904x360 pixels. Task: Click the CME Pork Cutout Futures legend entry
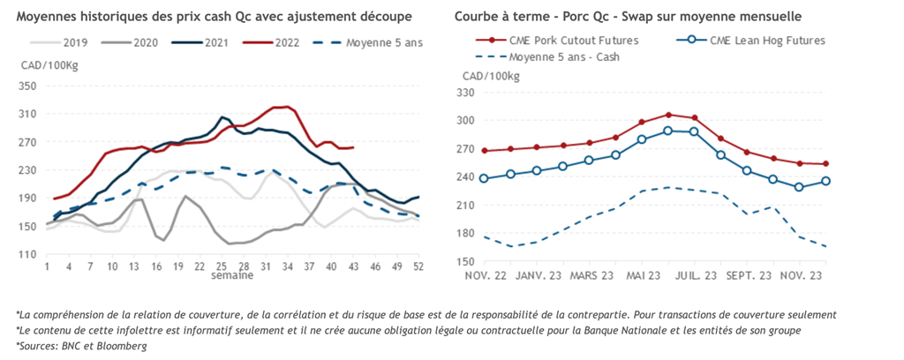click(573, 41)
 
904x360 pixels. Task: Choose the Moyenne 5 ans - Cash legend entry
click(563, 56)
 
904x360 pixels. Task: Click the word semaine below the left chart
click(231, 275)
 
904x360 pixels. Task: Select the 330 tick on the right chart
click(465, 92)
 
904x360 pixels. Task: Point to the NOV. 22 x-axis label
click(485, 276)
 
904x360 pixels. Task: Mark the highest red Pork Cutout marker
click(668, 115)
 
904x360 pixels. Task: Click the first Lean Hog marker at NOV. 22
click(484, 178)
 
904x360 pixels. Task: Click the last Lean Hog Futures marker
click(825, 181)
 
